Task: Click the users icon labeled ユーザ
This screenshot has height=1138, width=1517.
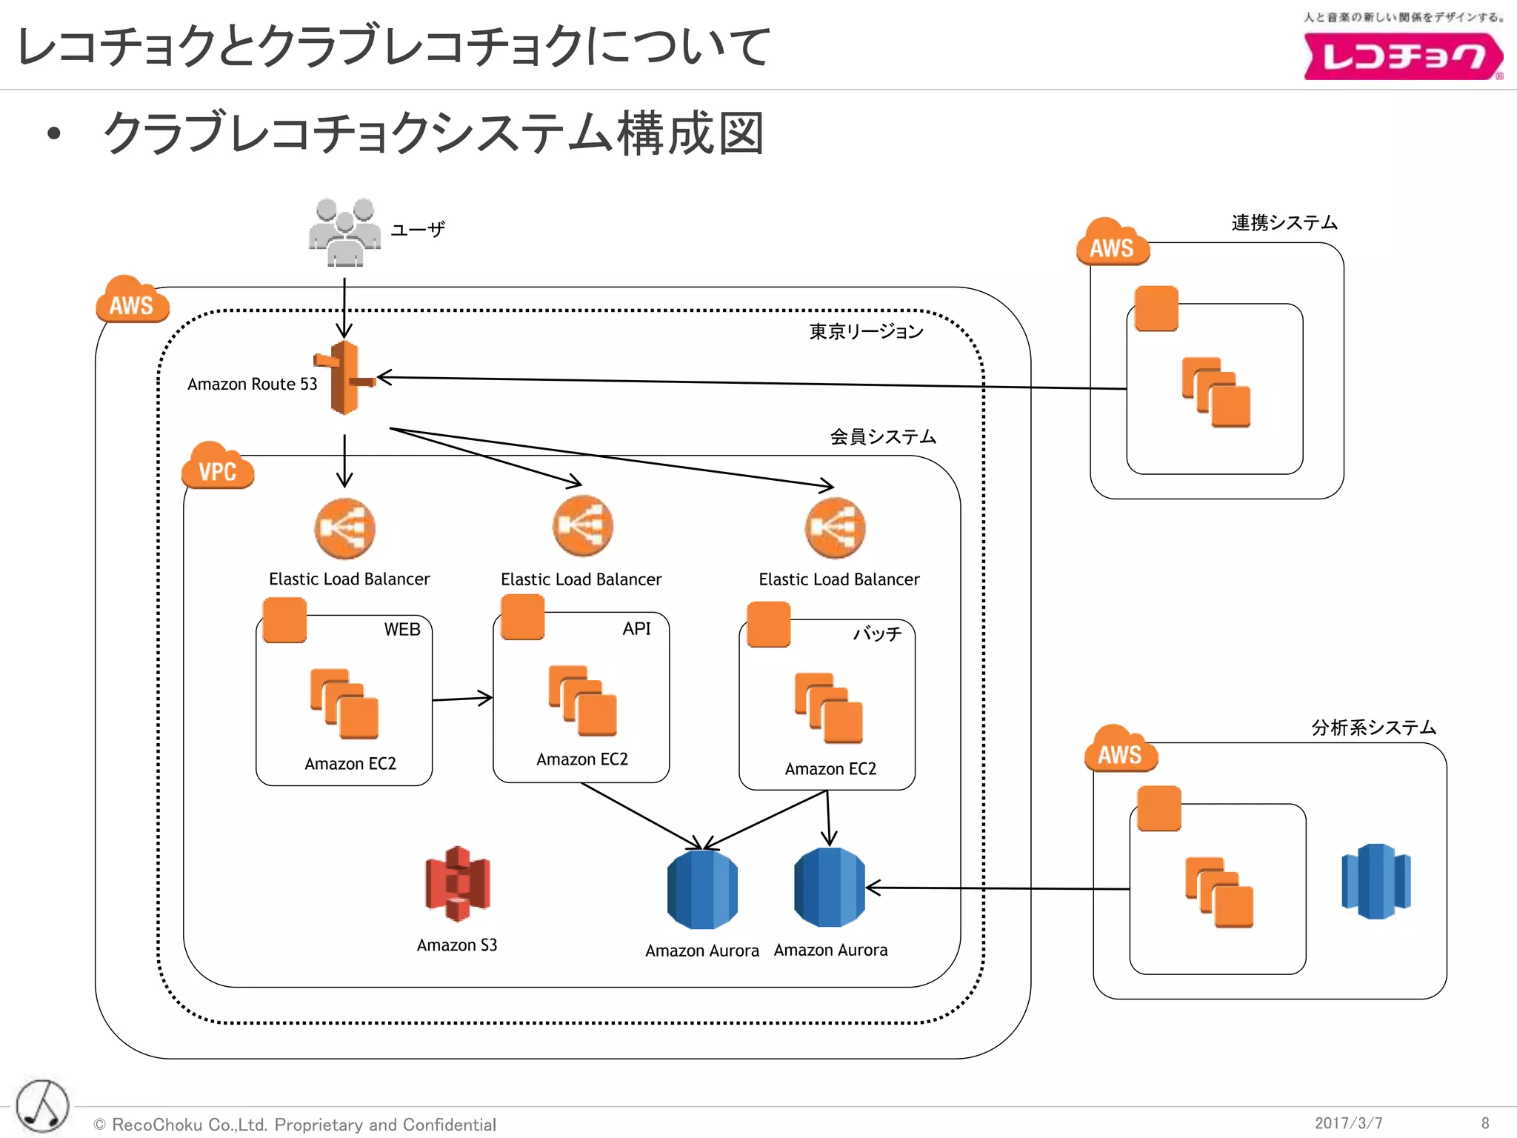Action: pos(344,233)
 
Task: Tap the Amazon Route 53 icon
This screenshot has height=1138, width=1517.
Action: pos(344,378)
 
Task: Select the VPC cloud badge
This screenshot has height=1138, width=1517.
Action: pos(218,467)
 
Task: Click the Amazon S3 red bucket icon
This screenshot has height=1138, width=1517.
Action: pos(458,884)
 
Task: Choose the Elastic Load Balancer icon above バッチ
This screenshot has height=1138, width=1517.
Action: pos(835,528)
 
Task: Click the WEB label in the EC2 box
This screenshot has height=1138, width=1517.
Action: pos(401,630)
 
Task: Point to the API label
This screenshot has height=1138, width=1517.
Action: pos(636,629)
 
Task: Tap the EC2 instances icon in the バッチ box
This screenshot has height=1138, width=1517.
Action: pos(828,708)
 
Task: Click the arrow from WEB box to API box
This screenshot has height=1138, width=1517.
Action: pos(462,699)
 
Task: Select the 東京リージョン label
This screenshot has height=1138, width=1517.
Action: pos(866,331)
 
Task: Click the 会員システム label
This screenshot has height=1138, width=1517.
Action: pos(882,437)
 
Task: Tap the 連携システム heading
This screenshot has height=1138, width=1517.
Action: pos(1284,223)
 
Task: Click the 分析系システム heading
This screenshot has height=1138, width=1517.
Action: pos(1373,728)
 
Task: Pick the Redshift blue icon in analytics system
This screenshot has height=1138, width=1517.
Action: pos(1376,882)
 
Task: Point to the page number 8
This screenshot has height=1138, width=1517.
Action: pos(1484,1123)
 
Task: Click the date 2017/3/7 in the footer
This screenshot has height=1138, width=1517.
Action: pos(1348,1123)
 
